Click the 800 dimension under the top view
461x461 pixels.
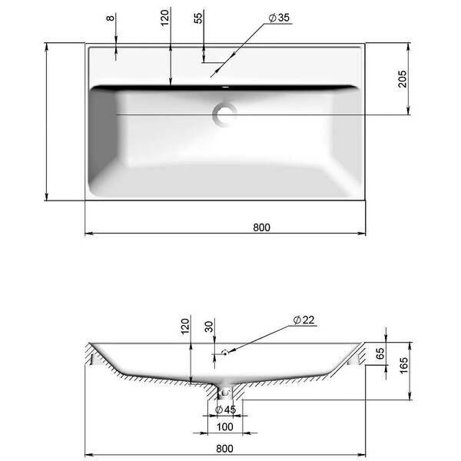(261, 227)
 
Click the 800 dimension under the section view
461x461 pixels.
(224, 449)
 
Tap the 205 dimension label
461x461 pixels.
(402, 78)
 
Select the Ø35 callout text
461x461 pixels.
(280, 18)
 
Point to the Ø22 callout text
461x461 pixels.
(304, 320)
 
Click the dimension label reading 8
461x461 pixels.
(110, 18)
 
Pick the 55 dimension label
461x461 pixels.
(198, 18)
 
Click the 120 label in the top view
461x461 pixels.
(165, 18)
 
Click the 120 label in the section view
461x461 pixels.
(185, 326)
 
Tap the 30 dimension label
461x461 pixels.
(208, 327)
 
